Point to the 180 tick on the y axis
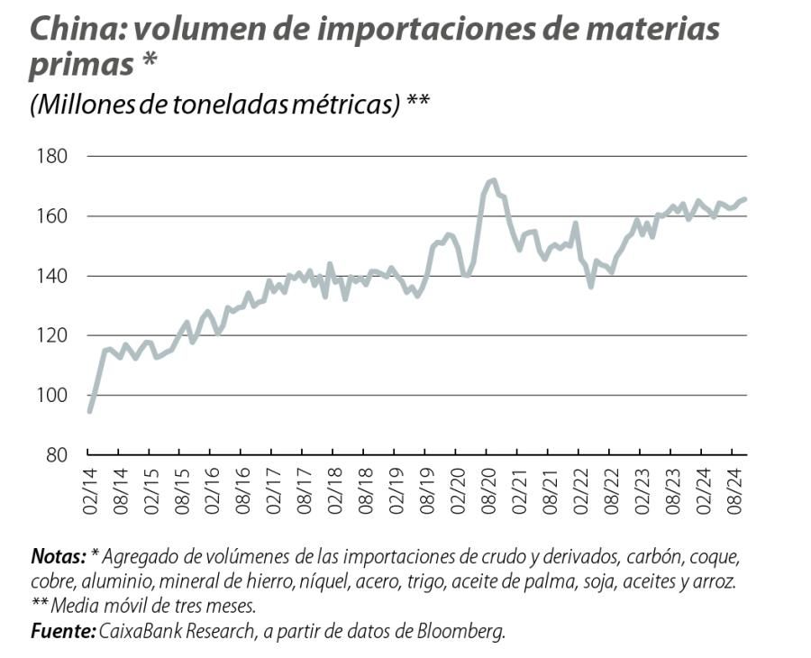(52, 157)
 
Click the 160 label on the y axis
(52, 216)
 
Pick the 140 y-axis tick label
(52, 276)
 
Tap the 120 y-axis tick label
(52, 335)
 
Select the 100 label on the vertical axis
(52, 395)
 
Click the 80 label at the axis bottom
(57, 454)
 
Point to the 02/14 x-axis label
(90, 491)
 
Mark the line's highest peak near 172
(492, 180)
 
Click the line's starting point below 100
(89, 411)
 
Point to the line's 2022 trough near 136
(591, 287)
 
